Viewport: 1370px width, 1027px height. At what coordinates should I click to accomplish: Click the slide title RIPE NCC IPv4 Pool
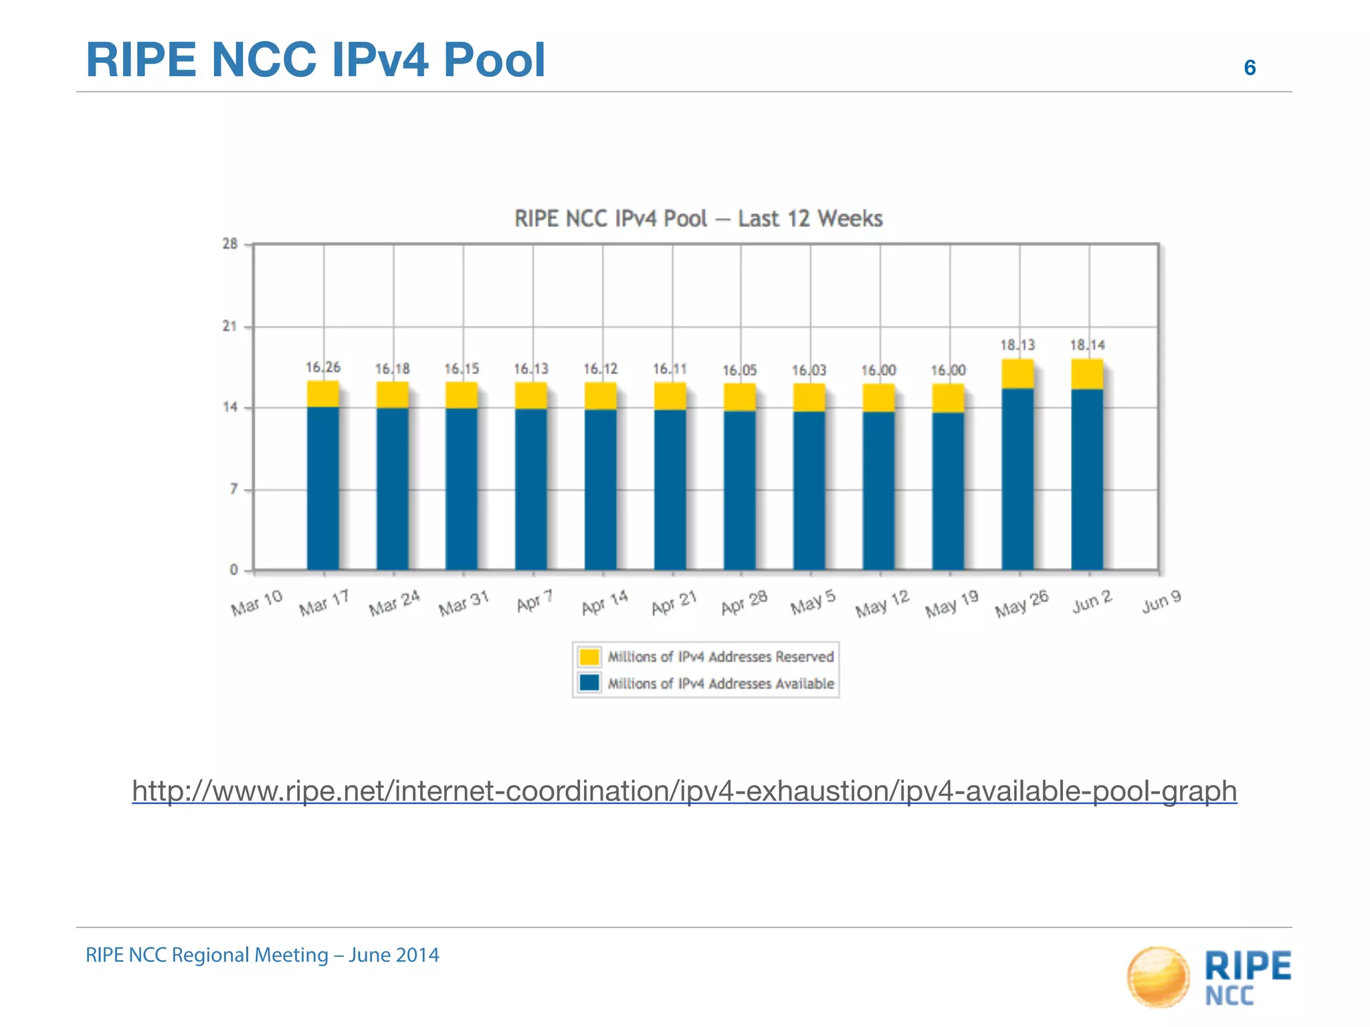click(316, 60)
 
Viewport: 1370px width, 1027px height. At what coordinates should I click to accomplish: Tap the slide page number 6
click(1249, 68)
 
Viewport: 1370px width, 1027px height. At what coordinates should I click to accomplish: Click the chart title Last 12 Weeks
click(698, 219)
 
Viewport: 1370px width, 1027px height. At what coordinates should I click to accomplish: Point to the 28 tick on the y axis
click(230, 244)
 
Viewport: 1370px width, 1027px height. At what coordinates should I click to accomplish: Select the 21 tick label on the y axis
click(230, 326)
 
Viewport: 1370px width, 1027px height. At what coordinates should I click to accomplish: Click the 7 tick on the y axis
click(233, 489)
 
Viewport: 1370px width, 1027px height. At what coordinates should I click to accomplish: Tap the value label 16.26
click(323, 367)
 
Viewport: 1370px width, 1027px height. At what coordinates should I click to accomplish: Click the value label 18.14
click(1087, 345)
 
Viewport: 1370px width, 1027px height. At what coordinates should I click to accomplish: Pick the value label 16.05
click(739, 370)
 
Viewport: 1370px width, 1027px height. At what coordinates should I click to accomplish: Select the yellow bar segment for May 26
click(1017, 374)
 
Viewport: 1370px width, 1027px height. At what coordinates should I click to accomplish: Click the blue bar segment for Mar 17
click(323, 488)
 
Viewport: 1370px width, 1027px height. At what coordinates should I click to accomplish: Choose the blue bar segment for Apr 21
click(670, 489)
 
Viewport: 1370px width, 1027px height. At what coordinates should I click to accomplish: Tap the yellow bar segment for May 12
click(878, 398)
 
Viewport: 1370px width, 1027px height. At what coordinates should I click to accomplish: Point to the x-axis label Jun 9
click(1161, 602)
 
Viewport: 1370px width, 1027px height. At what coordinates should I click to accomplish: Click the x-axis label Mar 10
click(257, 603)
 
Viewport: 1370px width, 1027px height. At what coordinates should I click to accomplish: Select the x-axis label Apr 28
click(744, 603)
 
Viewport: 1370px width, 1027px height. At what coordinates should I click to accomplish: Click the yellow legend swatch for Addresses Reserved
click(589, 657)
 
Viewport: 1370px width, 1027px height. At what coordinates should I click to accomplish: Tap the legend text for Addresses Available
click(720, 683)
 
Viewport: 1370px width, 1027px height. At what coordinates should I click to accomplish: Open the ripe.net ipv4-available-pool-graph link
click(684, 791)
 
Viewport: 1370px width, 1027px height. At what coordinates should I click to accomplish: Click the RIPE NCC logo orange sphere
click(1158, 976)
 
